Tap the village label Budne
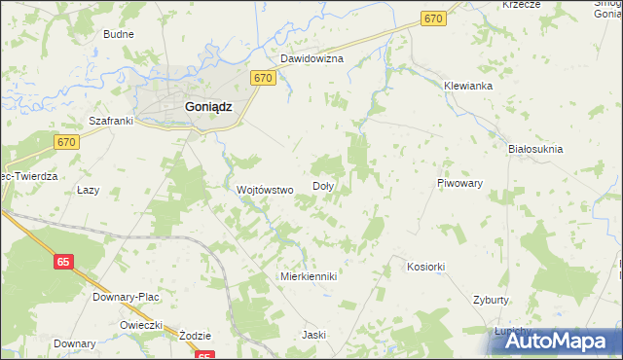(119, 34)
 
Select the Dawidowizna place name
(312, 58)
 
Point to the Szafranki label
(110, 121)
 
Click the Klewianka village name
(469, 86)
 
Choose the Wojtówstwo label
(266, 190)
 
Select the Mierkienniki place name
(308, 276)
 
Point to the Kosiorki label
(425, 267)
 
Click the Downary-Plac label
(126, 296)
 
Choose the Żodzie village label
(196, 335)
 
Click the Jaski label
(313, 335)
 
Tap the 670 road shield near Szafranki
(66, 142)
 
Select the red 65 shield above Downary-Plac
(63, 262)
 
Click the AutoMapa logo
(553, 340)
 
